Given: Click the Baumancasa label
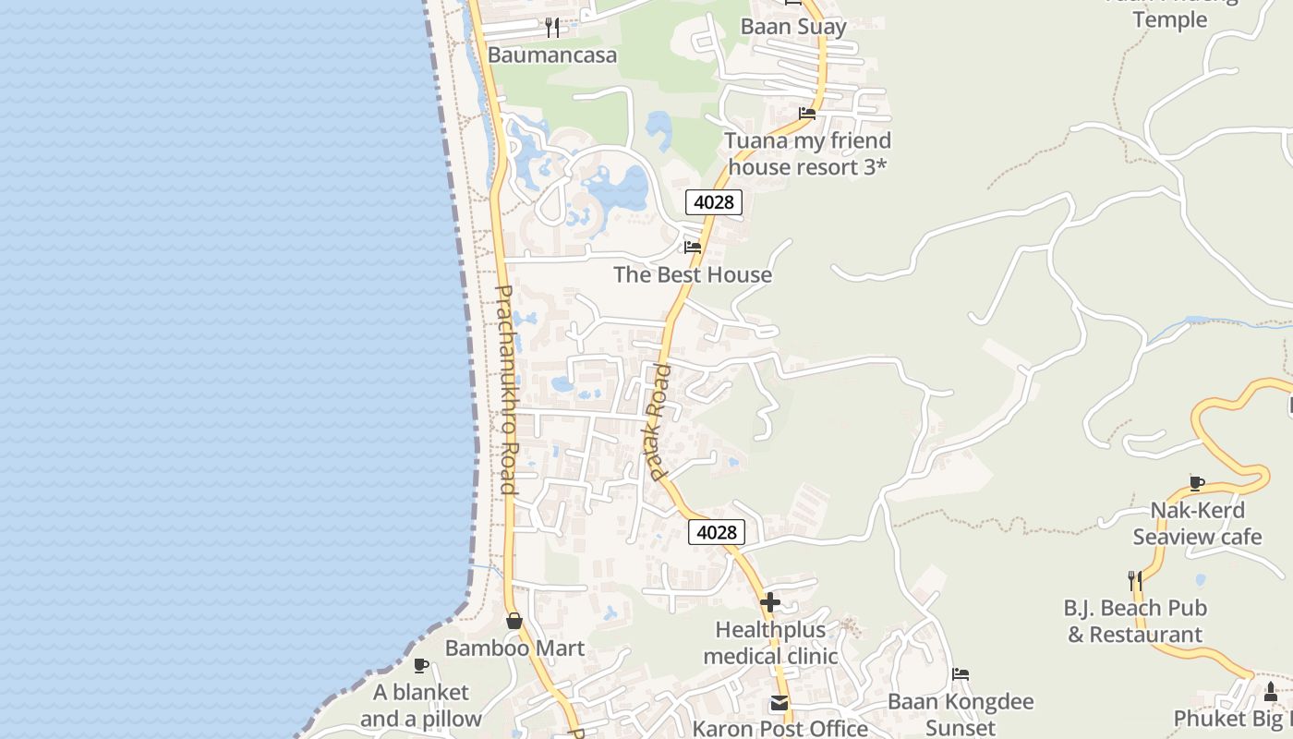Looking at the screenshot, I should coord(551,55).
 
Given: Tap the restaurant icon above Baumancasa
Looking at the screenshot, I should coord(552,27).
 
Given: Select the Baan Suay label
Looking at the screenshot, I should coord(793,27).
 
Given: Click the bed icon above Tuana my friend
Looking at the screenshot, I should coord(807,114).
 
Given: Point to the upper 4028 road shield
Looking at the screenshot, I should coord(714,201).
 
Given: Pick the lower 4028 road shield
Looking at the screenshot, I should coord(716,532).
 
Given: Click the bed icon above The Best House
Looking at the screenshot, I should coord(693,247).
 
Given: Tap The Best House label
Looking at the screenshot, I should coord(693,274).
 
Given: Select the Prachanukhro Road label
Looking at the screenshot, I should coord(505,389).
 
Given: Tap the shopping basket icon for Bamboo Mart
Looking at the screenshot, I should coord(514,621).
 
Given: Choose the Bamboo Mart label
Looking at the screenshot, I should coord(514,648).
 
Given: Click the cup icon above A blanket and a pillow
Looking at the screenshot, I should coord(420,665).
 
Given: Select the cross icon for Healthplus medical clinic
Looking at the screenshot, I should coord(770,603).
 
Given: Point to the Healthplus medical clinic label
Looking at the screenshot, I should coord(770,643).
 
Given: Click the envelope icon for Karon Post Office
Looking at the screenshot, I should coord(779,704).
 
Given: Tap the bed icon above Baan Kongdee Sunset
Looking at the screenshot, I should coord(961,674).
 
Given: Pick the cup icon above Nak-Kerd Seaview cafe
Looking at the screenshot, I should coord(1197,483).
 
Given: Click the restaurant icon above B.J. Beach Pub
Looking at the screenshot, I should coord(1135,581).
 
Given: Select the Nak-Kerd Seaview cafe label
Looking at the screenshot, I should coord(1197,523).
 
